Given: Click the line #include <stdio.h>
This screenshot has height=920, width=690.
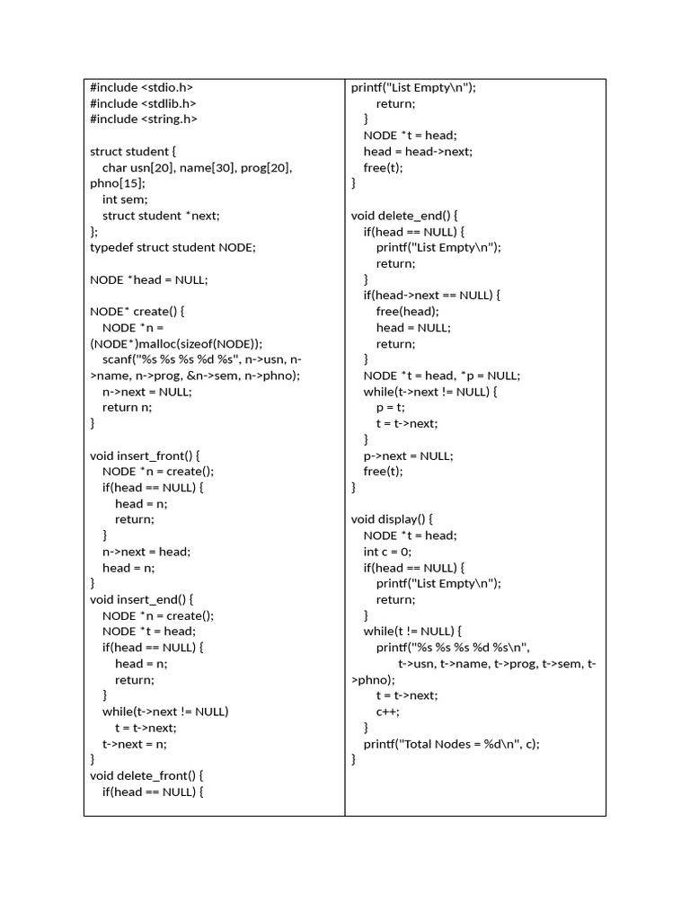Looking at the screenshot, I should [x=141, y=87].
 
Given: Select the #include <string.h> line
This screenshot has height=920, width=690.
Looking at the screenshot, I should [x=144, y=119].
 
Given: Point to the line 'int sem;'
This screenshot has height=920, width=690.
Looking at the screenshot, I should [x=125, y=199].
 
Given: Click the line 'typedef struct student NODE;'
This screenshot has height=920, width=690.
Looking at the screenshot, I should [x=172, y=247].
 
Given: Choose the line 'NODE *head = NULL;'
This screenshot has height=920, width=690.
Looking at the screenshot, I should [x=148, y=279].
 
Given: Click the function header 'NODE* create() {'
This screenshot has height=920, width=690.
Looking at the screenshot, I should [x=137, y=311].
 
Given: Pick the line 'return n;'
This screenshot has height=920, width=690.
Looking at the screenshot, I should [x=127, y=407].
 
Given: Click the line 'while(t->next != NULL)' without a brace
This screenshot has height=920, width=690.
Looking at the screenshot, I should [x=165, y=712].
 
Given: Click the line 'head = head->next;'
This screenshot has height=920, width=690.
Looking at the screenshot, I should [x=418, y=151].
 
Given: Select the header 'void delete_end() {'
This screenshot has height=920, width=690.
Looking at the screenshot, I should [x=404, y=216].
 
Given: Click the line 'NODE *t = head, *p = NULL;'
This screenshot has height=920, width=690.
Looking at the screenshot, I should [x=442, y=376].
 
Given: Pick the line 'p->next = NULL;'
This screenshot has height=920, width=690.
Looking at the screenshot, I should [x=409, y=456].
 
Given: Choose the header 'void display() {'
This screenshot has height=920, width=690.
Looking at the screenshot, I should [x=393, y=519].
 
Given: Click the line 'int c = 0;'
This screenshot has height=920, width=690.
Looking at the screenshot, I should [x=387, y=552].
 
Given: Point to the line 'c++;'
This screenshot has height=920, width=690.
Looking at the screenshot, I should [x=388, y=712].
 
